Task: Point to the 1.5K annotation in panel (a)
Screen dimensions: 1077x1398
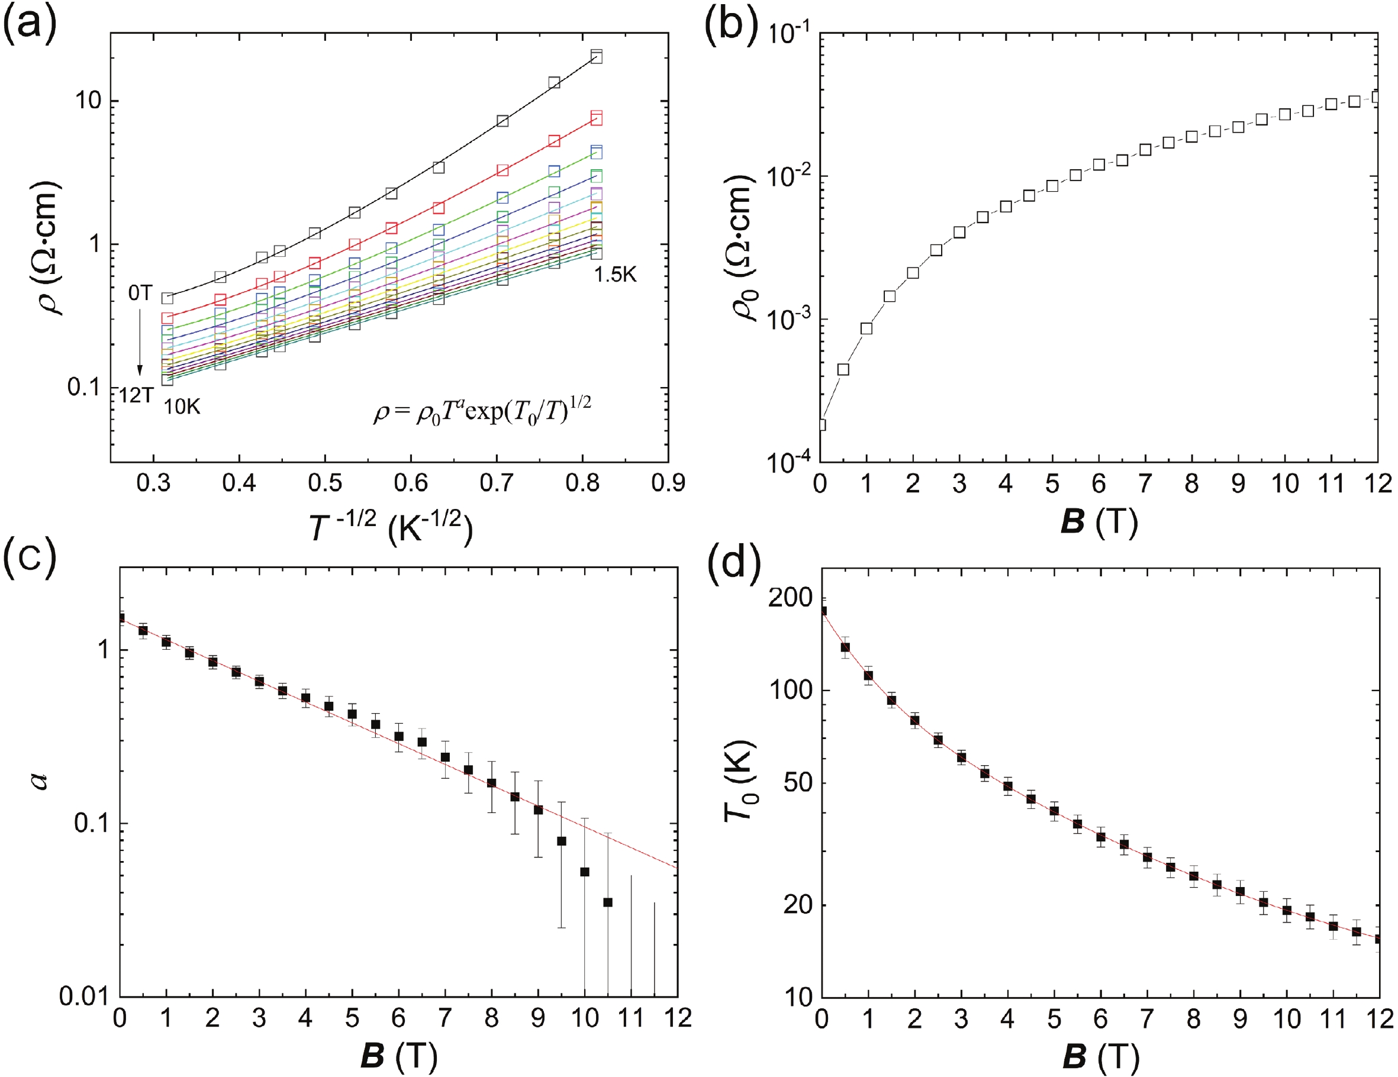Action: click(x=615, y=275)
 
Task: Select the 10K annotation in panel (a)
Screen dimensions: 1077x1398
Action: click(x=182, y=407)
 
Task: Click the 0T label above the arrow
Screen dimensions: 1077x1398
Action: click(x=140, y=293)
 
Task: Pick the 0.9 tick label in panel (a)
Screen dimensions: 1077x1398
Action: click(x=668, y=483)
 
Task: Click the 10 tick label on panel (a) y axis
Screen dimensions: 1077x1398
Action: click(x=87, y=101)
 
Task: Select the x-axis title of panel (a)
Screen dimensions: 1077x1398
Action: click(x=391, y=527)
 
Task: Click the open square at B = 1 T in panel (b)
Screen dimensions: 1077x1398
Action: click(x=866, y=328)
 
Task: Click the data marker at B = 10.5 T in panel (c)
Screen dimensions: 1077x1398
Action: click(x=608, y=902)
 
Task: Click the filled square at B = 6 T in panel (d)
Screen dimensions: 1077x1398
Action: click(x=1101, y=837)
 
